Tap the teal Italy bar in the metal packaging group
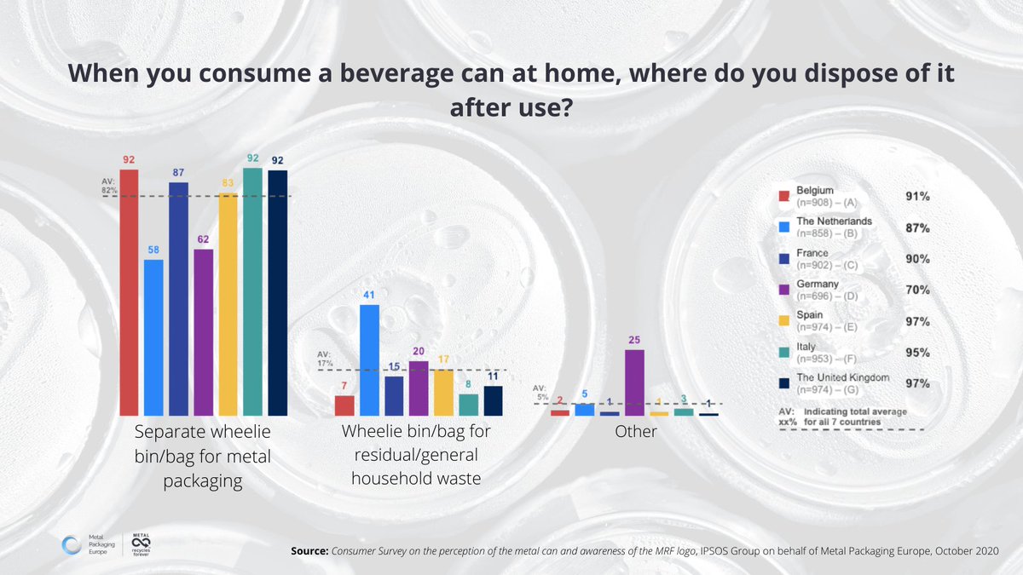coord(253,290)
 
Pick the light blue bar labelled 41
coord(370,359)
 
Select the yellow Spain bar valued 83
coord(228,303)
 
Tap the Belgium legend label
coord(815,190)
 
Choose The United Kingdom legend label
coord(843,377)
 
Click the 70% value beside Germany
coord(917,290)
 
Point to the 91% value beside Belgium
coord(917,196)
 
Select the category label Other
coord(636,432)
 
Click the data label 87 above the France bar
coord(179,173)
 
